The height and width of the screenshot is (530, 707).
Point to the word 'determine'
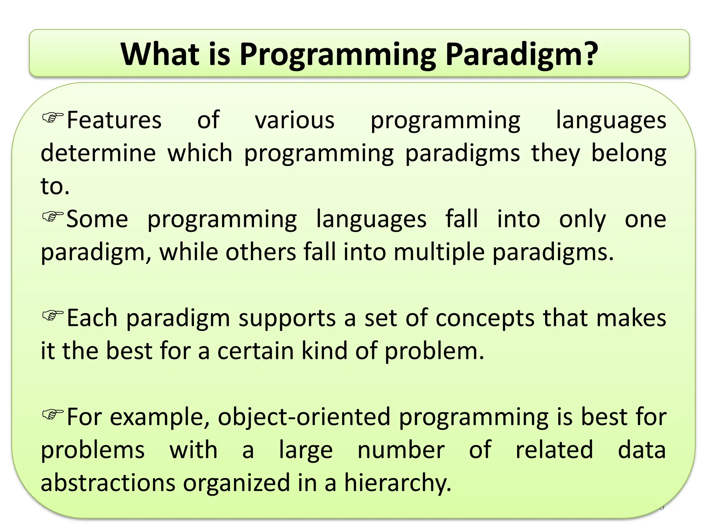(x=98, y=153)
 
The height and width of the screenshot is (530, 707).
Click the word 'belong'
(x=629, y=153)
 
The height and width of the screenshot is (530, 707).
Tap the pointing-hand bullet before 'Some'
(x=53, y=216)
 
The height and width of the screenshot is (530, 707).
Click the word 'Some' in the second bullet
(x=97, y=219)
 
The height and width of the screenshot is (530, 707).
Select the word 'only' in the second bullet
(x=582, y=219)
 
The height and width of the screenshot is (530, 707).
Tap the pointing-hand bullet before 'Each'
(x=53, y=315)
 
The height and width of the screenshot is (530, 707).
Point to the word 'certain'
(x=255, y=351)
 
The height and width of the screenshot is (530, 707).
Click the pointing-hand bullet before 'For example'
(x=53, y=414)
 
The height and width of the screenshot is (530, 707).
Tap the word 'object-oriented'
(x=304, y=417)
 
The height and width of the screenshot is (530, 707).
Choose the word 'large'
(x=306, y=450)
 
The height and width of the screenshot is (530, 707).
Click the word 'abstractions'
(x=108, y=483)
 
